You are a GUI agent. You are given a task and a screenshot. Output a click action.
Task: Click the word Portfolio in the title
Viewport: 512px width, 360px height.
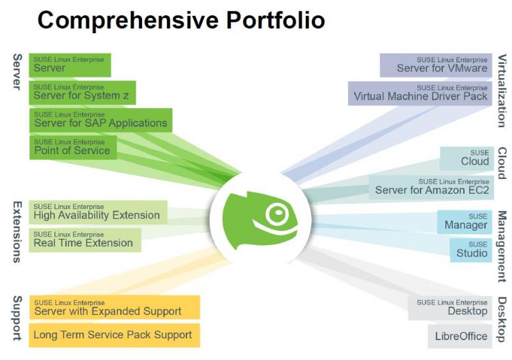[275, 20]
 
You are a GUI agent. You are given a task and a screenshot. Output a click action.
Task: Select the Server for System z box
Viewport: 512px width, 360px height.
[83, 93]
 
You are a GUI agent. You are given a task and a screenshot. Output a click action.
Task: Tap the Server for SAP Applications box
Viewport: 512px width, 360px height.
[100, 120]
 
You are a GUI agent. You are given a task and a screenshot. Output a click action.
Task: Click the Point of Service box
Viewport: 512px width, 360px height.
[73, 148]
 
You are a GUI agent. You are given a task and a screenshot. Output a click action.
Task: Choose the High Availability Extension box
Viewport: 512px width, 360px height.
[98, 212]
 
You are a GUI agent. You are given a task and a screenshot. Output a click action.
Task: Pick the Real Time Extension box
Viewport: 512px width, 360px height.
[85, 240]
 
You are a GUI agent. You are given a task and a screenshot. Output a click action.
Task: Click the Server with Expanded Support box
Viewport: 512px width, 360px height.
[115, 307]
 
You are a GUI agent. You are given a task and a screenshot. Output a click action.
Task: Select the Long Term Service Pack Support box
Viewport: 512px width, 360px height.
[115, 335]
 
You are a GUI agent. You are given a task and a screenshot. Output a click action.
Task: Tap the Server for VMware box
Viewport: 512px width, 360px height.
[436, 65]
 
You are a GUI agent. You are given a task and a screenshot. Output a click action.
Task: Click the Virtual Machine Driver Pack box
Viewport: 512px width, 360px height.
[420, 93]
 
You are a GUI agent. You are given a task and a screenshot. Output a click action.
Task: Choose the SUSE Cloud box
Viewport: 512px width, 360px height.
[467, 159]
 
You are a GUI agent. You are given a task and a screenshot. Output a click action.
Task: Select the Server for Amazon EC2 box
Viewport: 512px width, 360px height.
[431, 187]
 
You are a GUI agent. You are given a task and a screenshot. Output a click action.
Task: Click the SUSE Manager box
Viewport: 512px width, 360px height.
[465, 222]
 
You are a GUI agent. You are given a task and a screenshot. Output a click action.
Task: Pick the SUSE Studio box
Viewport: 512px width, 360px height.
[471, 250]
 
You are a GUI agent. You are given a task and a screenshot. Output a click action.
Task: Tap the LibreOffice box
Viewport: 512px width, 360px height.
[460, 336]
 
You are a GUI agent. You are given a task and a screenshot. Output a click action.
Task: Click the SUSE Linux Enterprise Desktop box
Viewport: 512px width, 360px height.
[450, 308]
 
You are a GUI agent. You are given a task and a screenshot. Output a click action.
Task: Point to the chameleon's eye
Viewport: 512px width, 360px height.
[278, 213]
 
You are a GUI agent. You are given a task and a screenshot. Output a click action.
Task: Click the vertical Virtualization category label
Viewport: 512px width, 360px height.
[502, 90]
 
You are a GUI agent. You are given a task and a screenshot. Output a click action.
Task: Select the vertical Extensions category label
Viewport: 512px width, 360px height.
[17, 231]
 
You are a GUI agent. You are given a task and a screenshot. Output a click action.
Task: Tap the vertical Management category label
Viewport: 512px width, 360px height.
[502, 246]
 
